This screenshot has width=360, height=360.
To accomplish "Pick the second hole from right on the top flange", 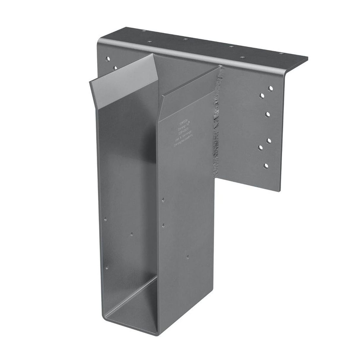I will pos(242,56).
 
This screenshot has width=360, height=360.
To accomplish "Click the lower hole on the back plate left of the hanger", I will pos(115,68).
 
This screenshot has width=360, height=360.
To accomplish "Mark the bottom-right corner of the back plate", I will pos(279,190).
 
